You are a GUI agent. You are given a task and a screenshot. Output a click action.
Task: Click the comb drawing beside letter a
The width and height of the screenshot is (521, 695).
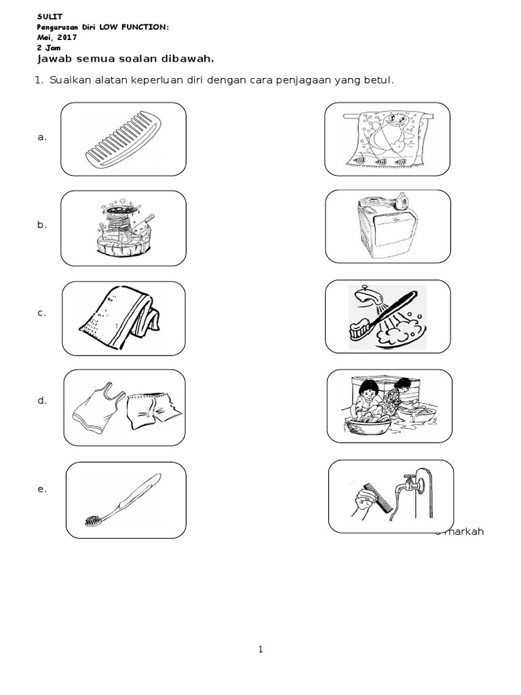point(123,140)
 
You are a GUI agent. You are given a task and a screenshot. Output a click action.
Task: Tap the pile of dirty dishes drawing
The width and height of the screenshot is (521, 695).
point(124,229)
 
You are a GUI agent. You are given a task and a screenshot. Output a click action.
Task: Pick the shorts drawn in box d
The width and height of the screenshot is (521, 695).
point(153,411)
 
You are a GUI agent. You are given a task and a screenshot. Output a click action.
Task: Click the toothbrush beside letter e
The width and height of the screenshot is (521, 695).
point(123,500)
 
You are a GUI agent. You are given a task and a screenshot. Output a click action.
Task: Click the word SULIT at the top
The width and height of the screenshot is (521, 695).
point(50,17)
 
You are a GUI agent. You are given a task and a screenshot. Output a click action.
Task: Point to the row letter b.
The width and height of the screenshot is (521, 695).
point(42,225)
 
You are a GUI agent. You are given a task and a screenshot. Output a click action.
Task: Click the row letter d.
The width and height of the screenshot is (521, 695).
point(42,400)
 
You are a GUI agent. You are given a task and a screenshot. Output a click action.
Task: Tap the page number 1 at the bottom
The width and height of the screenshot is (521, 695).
point(260,650)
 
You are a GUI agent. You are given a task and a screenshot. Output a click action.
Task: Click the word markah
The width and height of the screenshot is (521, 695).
point(464,531)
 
